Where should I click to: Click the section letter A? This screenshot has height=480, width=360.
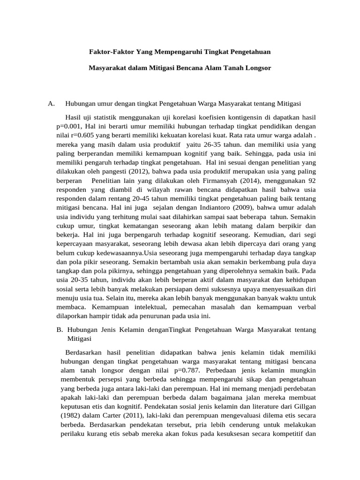pyautogui.click(x=52, y=103)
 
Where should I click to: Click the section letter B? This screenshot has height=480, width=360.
pyautogui.click(x=59, y=330)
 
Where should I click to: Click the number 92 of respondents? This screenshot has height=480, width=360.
pyautogui.click(x=311, y=180)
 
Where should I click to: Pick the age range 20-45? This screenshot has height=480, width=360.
pyautogui.click(x=125, y=199)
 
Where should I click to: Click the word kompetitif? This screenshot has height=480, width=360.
pyautogui.click(x=289, y=433)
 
